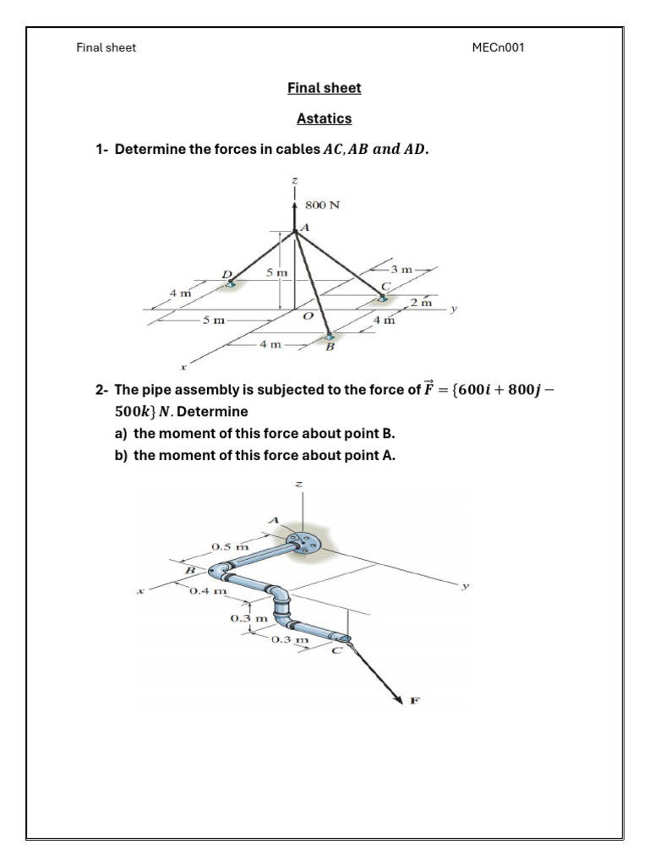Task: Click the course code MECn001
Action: [499, 48]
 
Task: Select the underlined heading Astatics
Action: [324, 118]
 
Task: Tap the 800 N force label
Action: [322, 205]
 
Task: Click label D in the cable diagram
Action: [226, 274]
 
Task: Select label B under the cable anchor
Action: [330, 347]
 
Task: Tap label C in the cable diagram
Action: [384, 286]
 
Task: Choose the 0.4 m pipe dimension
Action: [209, 590]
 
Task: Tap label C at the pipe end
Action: [335, 650]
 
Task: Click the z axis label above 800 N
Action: [294, 182]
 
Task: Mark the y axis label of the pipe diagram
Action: [464, 585]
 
